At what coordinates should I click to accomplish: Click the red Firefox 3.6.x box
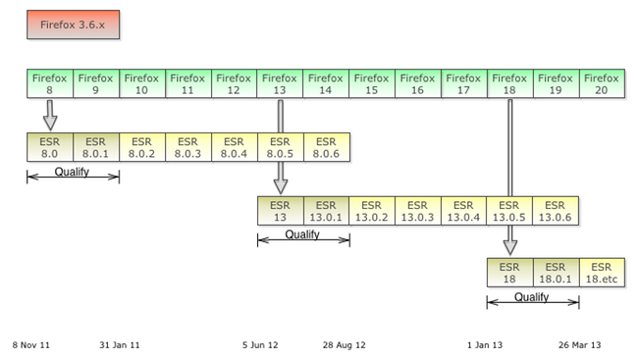tap(74, 25)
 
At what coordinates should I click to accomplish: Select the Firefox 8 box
tap(50, 83)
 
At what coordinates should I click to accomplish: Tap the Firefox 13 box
tap(280, 83)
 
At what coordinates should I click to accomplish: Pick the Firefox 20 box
tap(602, 83)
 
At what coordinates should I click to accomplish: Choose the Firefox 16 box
tap(418, 83)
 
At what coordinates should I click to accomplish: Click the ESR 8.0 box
tap(50, 147)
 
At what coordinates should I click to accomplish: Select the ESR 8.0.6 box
tap(326, 147)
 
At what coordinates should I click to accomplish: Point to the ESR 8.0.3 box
tap(188, 147)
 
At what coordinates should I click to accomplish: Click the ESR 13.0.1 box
tap(326, 211)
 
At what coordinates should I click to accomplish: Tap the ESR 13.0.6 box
tap(556, 211)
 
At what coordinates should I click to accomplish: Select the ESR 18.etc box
tap(602, 273)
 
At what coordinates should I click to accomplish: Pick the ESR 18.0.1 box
tap(556, 273)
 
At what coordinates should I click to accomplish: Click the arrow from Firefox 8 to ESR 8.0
tap(50, 116)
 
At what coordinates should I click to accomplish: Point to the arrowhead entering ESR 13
tap(281, 186)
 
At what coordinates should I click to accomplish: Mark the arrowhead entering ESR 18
tap(510, 248)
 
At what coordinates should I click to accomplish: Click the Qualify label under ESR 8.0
tap(72, 172)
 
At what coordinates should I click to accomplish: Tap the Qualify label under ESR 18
tap(532, 297)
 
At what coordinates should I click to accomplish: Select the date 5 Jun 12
tap(260, 345)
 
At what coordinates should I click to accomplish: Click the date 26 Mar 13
tap(580, 345)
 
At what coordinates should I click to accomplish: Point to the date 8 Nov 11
tap(31, 345)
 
